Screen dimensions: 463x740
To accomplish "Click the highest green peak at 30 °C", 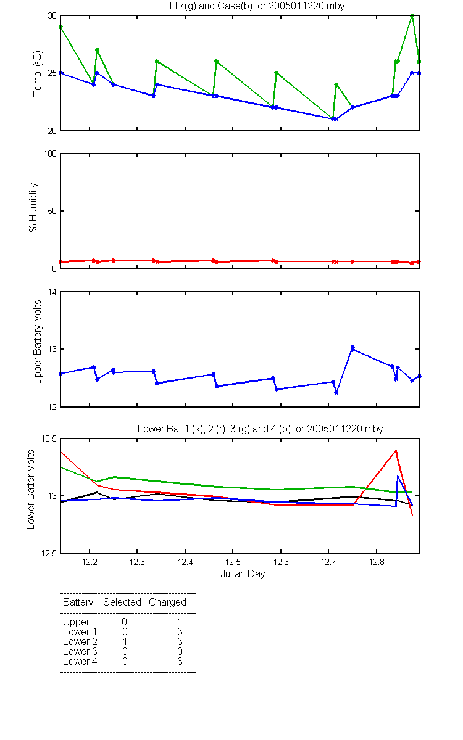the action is pos(412,15).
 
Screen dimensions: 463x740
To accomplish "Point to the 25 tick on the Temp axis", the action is pos(52,73).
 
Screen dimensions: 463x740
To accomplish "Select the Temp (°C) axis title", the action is pos(38,73).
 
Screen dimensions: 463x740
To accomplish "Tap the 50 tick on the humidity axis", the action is pos(52,211).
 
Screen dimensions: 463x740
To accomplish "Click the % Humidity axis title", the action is pos(33,207).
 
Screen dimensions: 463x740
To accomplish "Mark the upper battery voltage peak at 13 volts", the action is pos(352,348).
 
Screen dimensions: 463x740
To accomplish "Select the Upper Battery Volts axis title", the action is pos(38,342).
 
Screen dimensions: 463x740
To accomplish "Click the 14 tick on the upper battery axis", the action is pos(53,292).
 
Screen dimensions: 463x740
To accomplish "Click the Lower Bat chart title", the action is pos(260,429).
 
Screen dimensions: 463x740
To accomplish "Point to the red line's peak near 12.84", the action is pos(396,451).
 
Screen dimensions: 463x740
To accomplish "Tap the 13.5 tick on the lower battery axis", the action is pos(49,438).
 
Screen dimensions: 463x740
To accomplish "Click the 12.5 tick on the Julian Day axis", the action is pos(233,562).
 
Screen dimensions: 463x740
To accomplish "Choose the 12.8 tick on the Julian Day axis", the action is pos(377,562).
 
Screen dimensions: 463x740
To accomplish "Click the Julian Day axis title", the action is pos(243,574).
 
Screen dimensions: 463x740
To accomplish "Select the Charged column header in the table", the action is pos(167,602).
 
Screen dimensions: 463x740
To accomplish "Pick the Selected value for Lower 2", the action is pos(125,641).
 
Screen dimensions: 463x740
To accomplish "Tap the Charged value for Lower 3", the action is pos(180,651).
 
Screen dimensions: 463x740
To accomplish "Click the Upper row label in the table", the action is pos(76,622).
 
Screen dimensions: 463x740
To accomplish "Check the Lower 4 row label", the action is pos(80,661).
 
